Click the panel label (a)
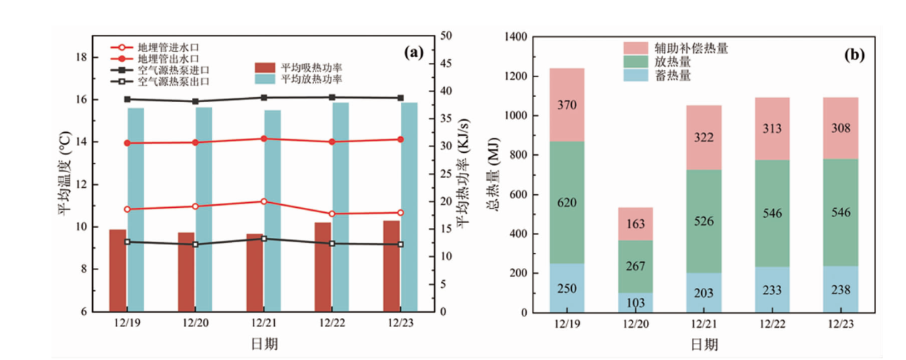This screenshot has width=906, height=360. (x=413, y=51)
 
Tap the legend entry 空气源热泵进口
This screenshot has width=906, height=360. (x=168, y=70)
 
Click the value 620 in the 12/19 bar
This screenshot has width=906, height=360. (x=567, y=202)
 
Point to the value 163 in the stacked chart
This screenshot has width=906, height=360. (x=635, y=223)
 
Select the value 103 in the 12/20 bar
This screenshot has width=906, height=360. (x=635, y=303)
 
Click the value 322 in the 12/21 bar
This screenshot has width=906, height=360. (x=704, y=136)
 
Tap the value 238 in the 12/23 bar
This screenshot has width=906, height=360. (x=841, y=290)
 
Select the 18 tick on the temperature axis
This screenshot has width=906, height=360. (x=81, y=57)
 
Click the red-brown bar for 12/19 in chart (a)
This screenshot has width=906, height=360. (x=117, y=270)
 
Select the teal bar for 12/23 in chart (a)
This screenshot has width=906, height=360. (x=409, y=207)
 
